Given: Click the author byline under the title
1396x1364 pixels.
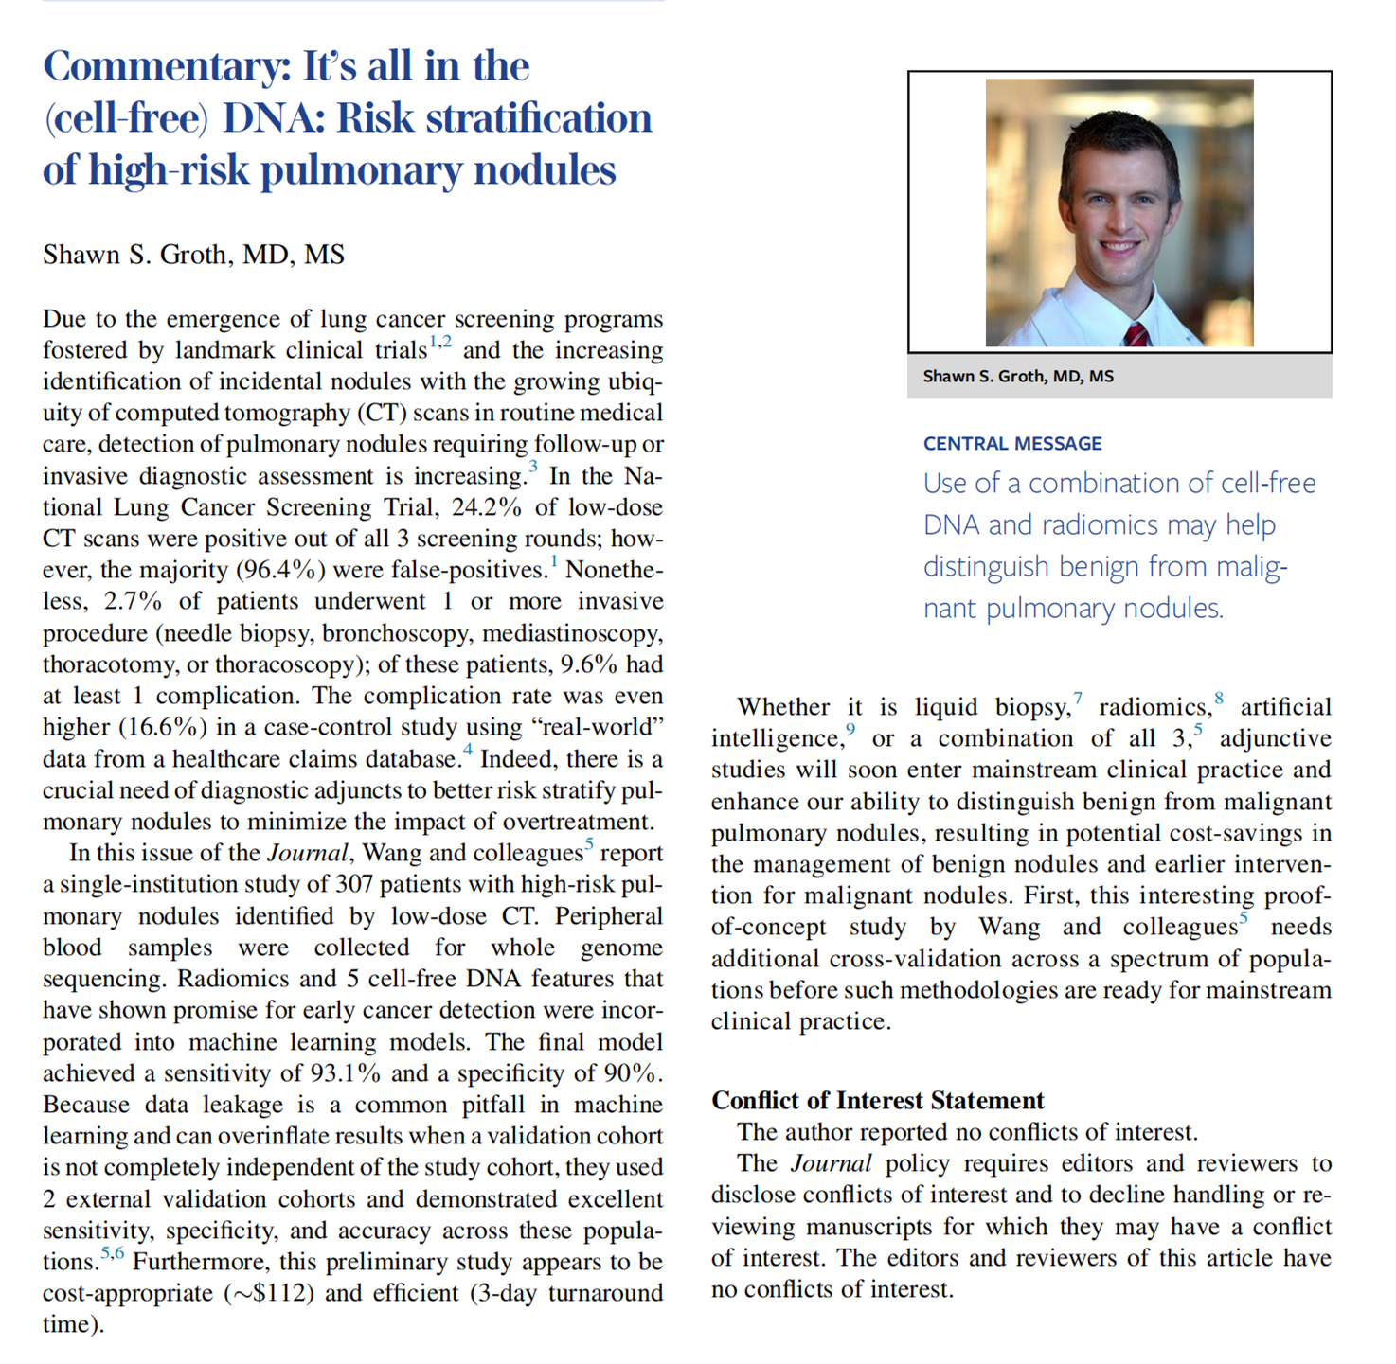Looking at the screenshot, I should coord(193,255).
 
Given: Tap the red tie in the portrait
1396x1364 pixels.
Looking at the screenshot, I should coord(1136,333).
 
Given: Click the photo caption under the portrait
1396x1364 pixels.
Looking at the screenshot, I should coord(1018,377).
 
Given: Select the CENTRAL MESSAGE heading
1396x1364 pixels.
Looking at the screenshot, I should coord(1012,444).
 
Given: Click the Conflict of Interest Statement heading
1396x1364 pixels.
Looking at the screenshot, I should coord(877,1100).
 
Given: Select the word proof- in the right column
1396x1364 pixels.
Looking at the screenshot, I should coord(1297,895).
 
